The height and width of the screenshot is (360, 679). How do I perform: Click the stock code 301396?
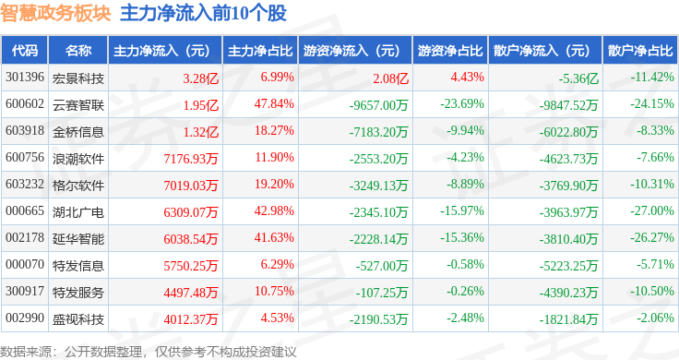pos(25,78)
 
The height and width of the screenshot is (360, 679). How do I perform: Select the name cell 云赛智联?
pos(78,105)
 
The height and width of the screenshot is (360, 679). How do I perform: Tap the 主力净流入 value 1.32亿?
pos(200,132)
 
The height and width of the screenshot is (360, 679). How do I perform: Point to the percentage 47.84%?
pos(274,104)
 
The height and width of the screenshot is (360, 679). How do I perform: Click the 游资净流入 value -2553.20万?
pos(378,159)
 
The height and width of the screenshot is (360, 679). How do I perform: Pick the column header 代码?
pos(25,51)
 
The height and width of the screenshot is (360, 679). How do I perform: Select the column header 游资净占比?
pos(450,51)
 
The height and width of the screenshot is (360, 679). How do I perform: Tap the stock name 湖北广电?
pos(78,212)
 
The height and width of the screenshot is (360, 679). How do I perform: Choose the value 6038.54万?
pos(191,239)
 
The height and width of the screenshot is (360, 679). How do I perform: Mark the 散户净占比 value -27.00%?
pos(651,211)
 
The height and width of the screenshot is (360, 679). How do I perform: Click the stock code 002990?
pos(25,318)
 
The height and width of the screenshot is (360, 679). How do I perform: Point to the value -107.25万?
pos(382,293)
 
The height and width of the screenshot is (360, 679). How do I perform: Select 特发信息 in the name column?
pos(78,266)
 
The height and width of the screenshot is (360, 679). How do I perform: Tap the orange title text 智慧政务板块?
pos(55,13)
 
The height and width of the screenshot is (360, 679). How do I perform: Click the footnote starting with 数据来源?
pos(149,352)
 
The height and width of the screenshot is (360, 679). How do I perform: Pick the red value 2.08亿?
pos(390,78)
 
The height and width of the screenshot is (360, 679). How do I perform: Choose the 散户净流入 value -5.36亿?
pos(578,78)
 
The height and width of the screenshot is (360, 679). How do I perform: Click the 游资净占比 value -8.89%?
pos(465,184)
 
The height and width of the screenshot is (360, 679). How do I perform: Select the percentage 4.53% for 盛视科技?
pos(277,318)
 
